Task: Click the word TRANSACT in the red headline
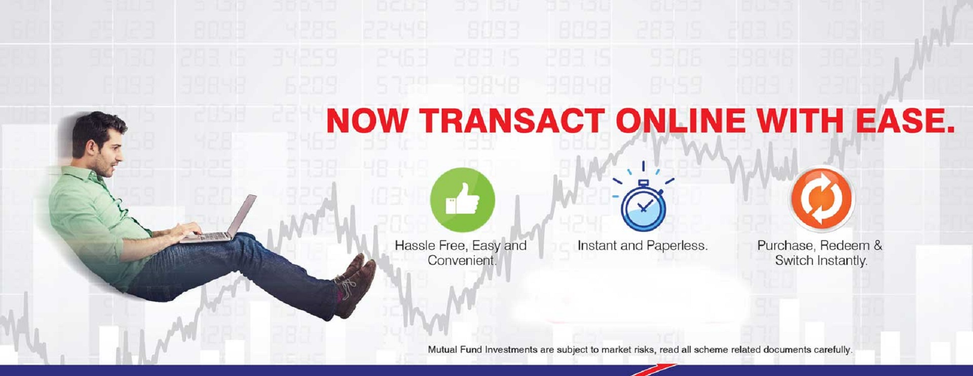(x=512, y=121)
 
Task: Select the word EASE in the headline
(x=905, y=121)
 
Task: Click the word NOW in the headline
(x=367, y=121)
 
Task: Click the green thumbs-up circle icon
(x=462, y=200)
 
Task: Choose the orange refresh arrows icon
(x=822, y=198)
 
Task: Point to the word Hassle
(x=415, y=246)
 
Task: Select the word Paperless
(x=677, y=246)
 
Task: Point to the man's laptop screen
(x=242, y=216)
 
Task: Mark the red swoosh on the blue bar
(x=654, y=370)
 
